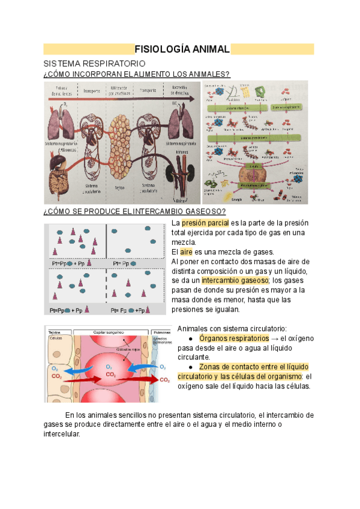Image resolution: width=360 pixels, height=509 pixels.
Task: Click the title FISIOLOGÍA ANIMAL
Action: pos(181,49)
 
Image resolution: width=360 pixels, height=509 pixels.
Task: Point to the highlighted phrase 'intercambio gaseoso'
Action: pos(236,280)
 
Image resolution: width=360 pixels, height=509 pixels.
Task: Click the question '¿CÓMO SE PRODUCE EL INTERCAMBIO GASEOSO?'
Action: pos(134,211)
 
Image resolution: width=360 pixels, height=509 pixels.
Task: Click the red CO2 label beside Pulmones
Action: pos(164,381)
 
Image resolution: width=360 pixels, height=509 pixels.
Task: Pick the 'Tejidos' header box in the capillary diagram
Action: pos(55,332)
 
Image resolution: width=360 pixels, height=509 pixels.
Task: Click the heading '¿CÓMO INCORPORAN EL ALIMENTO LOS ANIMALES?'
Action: pos(137,74)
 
